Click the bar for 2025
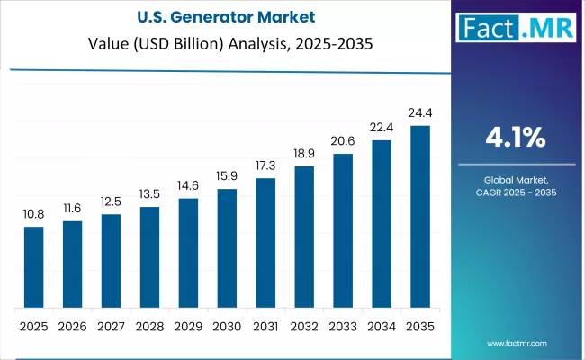[33, 266]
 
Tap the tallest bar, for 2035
[420, 216]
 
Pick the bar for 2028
[149, 256]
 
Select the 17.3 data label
[265, 167]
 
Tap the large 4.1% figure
[515, 138]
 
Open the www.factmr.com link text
[517, 343]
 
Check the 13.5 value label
[149, 196]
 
